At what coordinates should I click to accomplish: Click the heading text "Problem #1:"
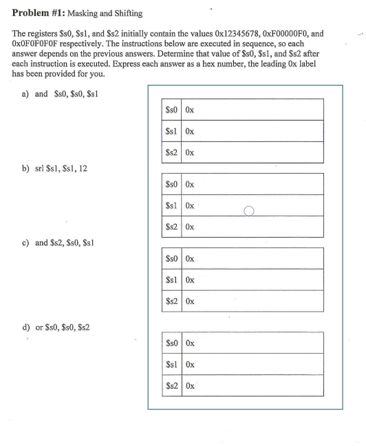39,10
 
